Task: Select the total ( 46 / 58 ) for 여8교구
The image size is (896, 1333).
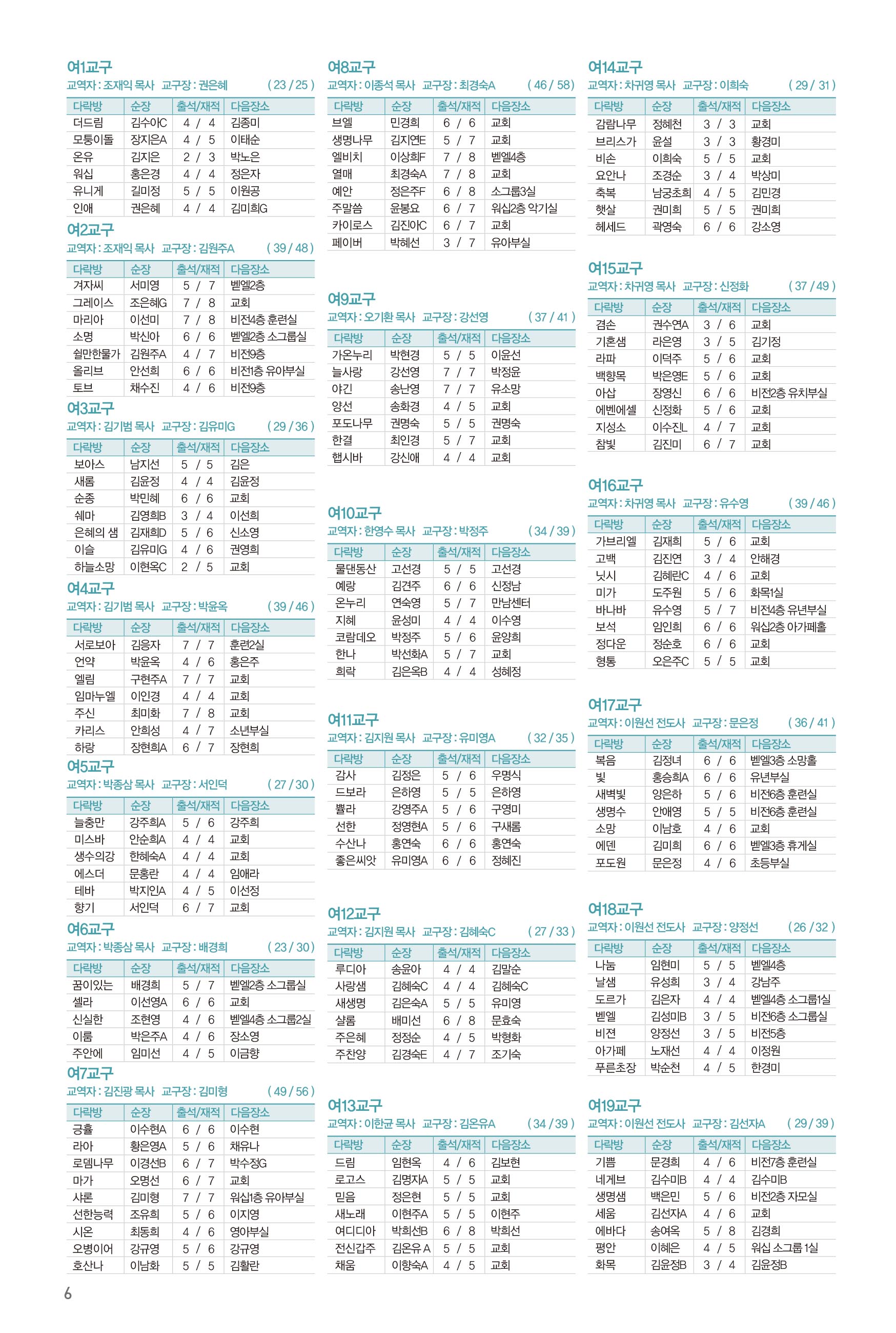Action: click(551, 85)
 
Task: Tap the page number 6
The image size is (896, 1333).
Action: click(68, 1293)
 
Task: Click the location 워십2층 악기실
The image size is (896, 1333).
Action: click(524, 208)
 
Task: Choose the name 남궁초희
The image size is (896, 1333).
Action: click(671, 193)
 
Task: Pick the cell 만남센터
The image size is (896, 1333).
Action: click(511, 603)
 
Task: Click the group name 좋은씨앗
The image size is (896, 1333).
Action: click(355, 860)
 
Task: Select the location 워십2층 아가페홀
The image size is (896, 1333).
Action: click(788, 627)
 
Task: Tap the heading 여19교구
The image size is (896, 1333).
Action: click(615, 1105)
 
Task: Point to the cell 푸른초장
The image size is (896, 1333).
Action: click(615, 1067)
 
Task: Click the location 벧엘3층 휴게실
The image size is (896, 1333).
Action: click(783, 845)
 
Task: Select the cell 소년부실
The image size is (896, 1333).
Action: click(249, 730)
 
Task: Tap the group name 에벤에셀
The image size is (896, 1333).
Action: click(616, 410)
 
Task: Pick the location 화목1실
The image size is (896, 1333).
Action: click(767, 593)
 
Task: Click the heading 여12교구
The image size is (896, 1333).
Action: click(354, 913)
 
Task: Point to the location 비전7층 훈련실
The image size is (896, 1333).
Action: click(783, 1162)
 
